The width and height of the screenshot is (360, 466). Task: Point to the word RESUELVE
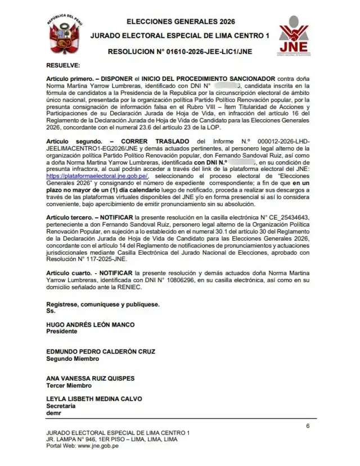64,66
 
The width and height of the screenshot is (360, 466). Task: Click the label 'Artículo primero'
71,78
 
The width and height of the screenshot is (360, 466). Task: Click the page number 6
308,426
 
